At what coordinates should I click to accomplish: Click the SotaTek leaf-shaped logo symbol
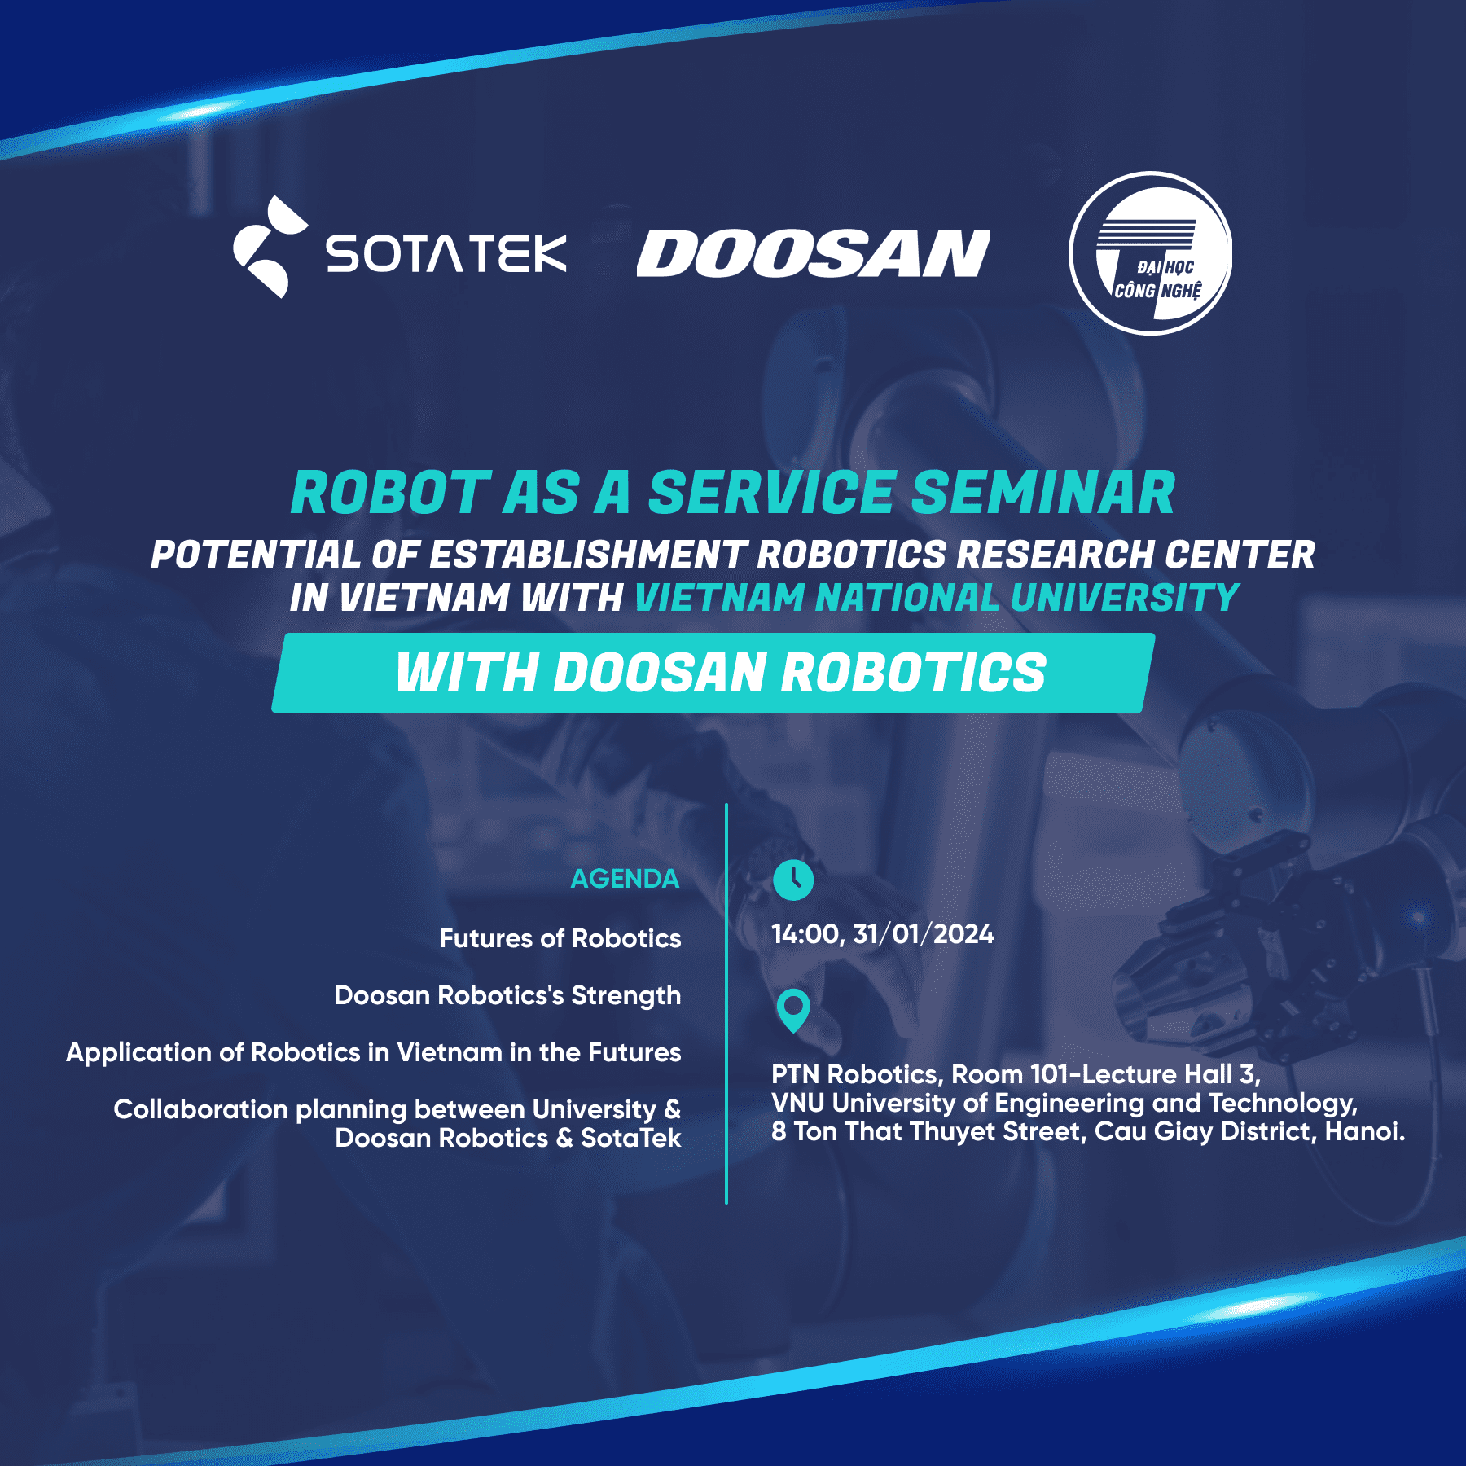[x=269, y=248]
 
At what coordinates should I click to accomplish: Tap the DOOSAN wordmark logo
[x=812, y=253]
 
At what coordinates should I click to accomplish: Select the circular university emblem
[x=1150, y=253]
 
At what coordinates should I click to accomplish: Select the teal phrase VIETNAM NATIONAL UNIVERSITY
[x=937, y=598]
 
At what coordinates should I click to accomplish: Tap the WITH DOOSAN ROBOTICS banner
[x=720, y=673]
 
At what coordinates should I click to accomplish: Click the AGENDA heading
[x=625, y=879]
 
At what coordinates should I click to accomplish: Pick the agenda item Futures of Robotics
[x=560, y=938]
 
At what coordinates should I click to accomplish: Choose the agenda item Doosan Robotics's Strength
[x=507, y=995]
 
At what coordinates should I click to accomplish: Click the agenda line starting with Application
[x=374, y=1052]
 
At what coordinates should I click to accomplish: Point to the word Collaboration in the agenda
[x=201, y=1109]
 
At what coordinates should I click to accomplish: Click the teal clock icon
[x=792, y=880]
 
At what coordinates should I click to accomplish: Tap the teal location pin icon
[x=792, y=1010]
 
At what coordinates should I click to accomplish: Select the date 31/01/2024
[x=924, y=934]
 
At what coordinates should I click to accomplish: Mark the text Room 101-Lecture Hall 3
[x=1105, y=1074]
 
